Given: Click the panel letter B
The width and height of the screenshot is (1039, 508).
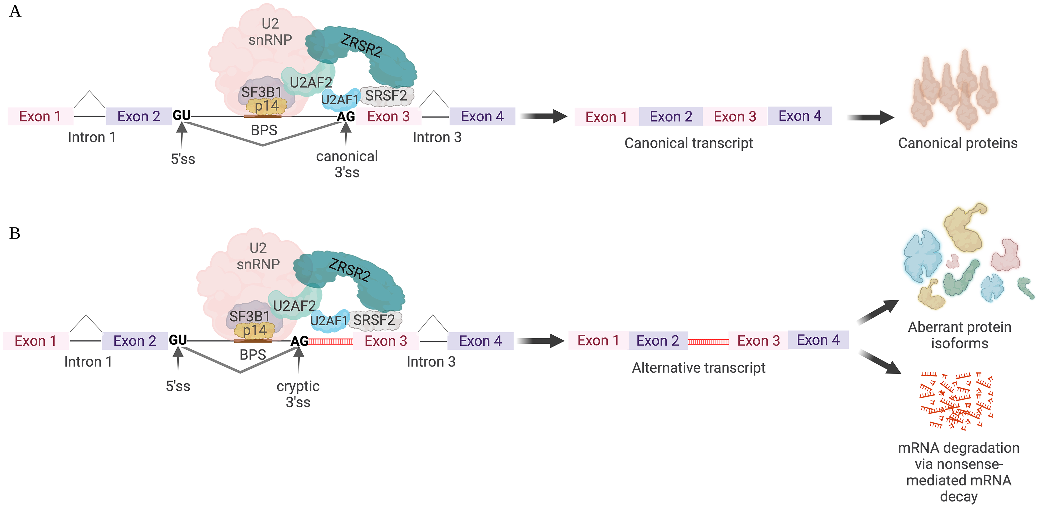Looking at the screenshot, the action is pos(15,233).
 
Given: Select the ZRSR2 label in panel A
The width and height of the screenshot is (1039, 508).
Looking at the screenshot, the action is pos(361,45).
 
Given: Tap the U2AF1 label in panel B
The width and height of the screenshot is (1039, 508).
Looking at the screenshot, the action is pos(329,321).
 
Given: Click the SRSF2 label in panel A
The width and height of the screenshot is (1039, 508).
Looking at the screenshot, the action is pos(386,96).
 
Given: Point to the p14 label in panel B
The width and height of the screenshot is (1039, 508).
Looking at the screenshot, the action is pos(254,331).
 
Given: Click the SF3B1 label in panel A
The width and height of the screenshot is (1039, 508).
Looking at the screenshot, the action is pos(261,92).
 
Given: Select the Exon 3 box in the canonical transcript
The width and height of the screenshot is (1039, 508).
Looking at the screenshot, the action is pos(735,116).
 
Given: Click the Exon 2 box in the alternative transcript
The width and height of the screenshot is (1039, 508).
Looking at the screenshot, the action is pos(658,341).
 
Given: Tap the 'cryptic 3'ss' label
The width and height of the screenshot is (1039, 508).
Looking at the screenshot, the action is pos(298,394).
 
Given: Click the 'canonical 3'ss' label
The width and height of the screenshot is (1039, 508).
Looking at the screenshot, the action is pos(347,164).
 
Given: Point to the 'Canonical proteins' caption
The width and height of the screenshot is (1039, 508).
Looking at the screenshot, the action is pos(958,143).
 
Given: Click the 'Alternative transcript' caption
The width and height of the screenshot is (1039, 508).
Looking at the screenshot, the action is pos(699,368).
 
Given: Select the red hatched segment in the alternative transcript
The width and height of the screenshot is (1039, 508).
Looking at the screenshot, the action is pos(708,342).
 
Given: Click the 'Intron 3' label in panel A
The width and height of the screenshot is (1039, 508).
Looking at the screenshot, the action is pos(437,138).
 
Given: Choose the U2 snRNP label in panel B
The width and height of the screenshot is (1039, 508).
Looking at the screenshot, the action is pos(258,256).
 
